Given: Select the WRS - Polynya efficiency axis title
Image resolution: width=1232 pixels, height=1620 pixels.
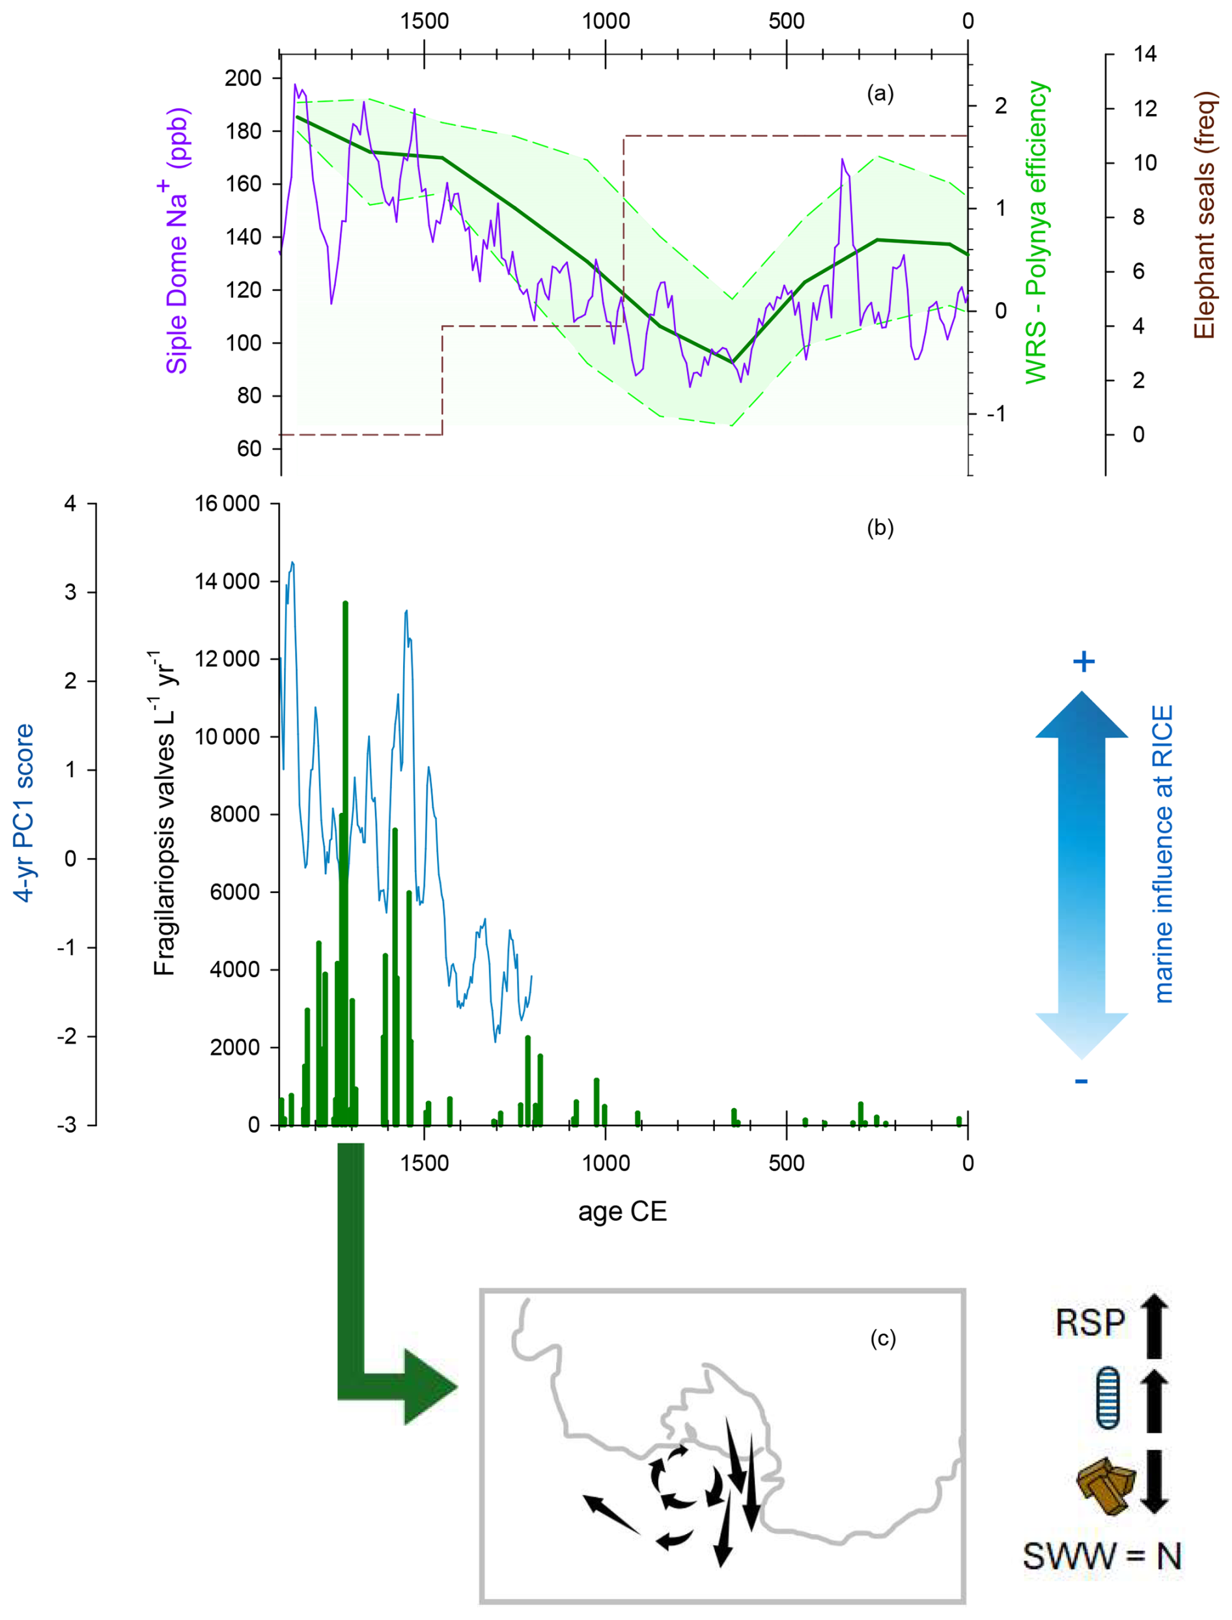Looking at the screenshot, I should (1036, 233).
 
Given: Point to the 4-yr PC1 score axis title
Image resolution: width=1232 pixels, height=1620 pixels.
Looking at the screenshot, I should (24, 813).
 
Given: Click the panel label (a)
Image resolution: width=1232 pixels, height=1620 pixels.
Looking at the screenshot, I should (880, 93).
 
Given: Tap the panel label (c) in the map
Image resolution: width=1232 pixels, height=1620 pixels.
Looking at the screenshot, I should (882, 1339).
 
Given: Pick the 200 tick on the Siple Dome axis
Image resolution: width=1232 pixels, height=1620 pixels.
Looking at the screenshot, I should (243, 78).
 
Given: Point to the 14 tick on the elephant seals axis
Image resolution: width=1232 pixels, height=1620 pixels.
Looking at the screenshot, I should (1145, 53).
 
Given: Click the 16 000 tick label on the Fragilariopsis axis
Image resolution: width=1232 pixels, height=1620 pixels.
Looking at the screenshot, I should (227, 504).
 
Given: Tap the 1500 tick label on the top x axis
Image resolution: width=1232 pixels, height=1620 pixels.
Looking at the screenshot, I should (424, 21).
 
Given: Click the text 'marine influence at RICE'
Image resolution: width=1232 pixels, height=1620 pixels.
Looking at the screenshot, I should (1164, 854).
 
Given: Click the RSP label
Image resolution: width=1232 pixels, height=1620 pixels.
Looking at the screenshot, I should (1090, 1323).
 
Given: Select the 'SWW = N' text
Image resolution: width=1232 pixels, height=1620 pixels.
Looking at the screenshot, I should (1102, 1556).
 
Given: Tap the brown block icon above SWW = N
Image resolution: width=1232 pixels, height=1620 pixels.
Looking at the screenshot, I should (1106, 1485).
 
